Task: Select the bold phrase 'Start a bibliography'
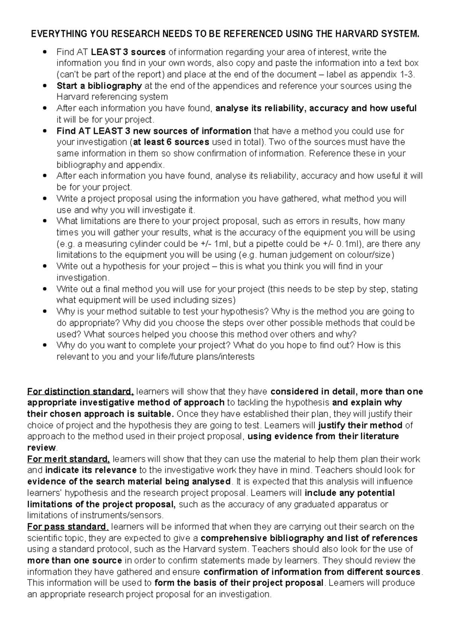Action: tap(99, 86)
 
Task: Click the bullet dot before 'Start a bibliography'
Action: tap(45, 86)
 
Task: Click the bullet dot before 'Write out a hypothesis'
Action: tap(45, 266)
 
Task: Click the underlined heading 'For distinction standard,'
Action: tap(80, 392)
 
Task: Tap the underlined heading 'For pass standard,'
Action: tap(68, 527)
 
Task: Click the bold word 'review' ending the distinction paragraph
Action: tap(41, 448)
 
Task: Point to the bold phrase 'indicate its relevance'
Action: tap(91, 470)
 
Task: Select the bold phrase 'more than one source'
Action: tap(74, 560)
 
